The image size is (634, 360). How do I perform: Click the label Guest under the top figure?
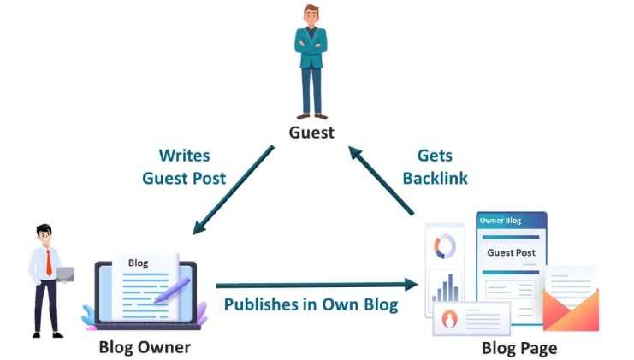tap(311, 133)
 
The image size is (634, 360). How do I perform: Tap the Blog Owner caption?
tap(145, 346)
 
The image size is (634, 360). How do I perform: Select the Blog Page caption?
tap(518, 348)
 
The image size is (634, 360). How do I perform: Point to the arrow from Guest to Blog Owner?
tap(234, 189)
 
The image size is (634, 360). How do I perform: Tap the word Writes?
tap(184, 156)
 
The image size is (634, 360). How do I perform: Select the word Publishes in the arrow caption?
tap(260, 304)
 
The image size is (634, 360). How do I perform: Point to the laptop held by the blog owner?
tap(66, 274)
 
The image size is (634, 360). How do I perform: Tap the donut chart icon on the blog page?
tap(445, 248)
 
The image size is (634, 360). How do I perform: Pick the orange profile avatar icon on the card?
tap(450, 319)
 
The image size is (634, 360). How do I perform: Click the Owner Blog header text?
tap(500, 221)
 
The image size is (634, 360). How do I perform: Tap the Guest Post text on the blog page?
tap(511, 252)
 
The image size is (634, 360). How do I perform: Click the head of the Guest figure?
tap(311, 16)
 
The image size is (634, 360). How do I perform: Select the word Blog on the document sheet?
tap(137, 263)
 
